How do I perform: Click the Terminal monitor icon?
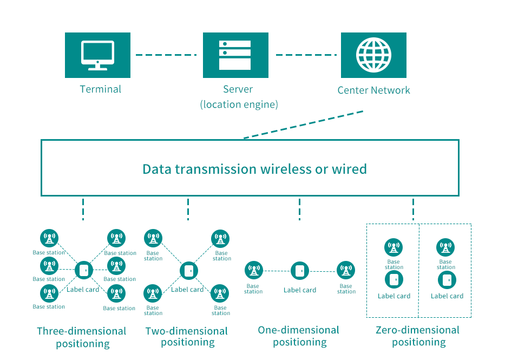click(97, 55)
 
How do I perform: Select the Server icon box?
click(235, 55)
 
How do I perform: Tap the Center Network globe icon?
click(373, 55)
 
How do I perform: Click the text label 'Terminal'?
click(101, 89)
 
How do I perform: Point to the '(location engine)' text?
click(239, 104)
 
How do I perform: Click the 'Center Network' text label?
click(373, 90)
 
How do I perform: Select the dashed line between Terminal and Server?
click(166, 55)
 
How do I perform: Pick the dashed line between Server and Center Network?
click(307, 55)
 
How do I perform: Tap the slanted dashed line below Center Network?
click(303, 125)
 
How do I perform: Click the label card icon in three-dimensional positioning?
click(83, 270)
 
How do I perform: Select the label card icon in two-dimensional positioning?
click(188, 270)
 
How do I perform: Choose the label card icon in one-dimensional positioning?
click(300, 270)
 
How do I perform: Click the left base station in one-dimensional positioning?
click(253, 270)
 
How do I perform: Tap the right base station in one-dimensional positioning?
click(346, 270)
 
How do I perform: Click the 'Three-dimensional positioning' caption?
click(82, 337)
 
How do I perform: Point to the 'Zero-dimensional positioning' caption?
click(418, 336)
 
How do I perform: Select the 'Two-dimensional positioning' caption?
click(187, 336)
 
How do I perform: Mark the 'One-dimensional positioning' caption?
click(299, 336)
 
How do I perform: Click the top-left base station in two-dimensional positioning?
click(153, 238)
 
